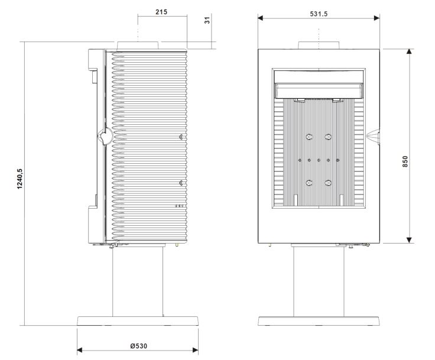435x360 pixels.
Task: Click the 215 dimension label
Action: (x=161, y=12)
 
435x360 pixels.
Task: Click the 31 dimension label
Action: (x=207, y=20)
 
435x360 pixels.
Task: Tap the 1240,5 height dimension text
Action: (x=20, y=179)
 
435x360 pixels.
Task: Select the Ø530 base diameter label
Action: (x=139, y=346)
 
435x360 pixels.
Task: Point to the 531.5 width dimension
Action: (x=319, y=14)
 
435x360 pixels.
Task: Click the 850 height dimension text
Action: (x=405, y=161)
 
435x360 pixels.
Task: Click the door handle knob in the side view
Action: (x=105, y=137)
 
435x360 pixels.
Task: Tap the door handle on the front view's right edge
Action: (x=373, y=137)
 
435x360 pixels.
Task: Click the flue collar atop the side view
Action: (x=138, y=46)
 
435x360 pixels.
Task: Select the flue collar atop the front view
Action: (x=319, y=46)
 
